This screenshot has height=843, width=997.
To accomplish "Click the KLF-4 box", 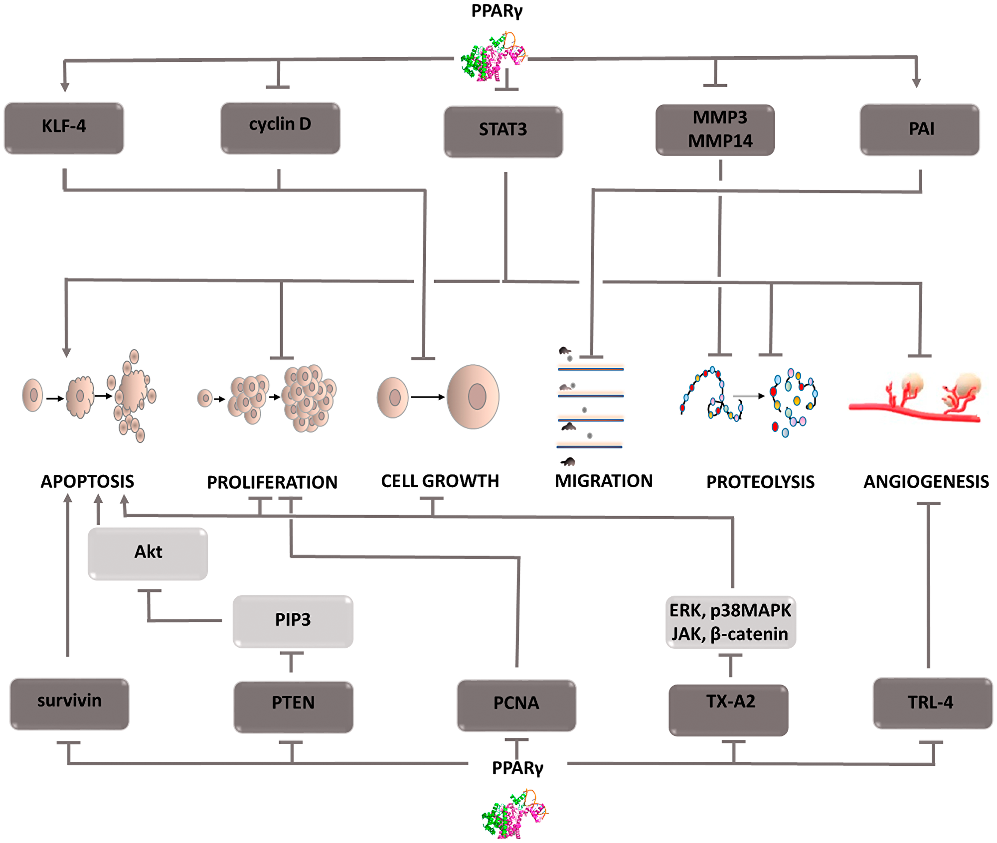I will pos(64,128).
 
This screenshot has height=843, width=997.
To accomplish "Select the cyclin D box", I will pos(280,128).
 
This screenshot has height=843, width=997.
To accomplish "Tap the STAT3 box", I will pos(503,131).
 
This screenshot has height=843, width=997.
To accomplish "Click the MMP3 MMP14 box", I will pos(715,130).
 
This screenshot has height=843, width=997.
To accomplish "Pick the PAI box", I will pos(920,130).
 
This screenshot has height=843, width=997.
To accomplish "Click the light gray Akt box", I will pos(148,553).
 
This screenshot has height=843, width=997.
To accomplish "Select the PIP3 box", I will pos(293,621).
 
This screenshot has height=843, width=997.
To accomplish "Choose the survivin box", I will pos(69,703).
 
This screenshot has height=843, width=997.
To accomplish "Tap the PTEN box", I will pos(294,706).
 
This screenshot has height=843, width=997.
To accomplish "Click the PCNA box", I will pos(516,705).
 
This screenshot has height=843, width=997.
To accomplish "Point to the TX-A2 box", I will pos(728,709).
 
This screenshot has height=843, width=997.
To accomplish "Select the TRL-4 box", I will pos(932,703).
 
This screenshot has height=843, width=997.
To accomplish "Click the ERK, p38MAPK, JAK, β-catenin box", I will pos(730,622).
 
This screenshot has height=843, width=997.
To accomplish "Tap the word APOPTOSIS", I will pos(87,481).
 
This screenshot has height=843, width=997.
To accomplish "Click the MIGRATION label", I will pos(604,481).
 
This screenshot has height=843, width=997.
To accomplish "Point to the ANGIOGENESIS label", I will pos(926,482).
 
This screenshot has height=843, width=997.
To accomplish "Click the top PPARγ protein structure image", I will pos(493,57).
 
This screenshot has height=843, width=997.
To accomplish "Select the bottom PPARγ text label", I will pos(517,768).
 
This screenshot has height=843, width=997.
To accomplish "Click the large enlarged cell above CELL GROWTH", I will pos(473,397).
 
